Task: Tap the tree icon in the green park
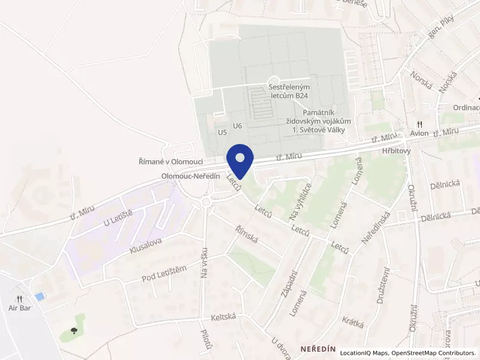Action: point(74,330)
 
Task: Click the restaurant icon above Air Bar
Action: point(20,298)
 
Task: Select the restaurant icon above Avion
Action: point(419,124)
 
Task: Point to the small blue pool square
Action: point(40,296)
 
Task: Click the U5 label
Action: point(223,132)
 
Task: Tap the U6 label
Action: point(238,125)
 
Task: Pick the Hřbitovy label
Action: point(395,151)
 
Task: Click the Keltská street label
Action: point(223,316)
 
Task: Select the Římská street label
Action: point(246,234)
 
